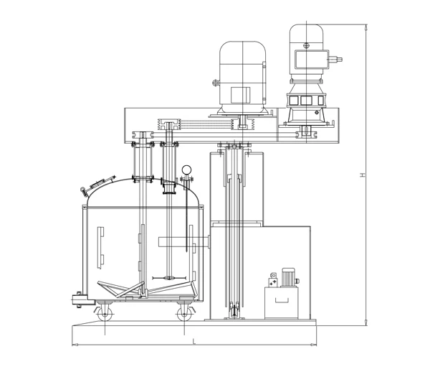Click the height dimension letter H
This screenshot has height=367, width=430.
click(x=363, y=175)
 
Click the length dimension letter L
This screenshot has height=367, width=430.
click(x=194, y=341)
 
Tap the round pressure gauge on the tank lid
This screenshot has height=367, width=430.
click(x=187, y=170)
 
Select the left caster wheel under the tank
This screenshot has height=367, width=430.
click(x=105, y=312)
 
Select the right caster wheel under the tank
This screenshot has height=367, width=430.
click(x=183, y=312)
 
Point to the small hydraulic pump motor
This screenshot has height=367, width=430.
click(x=288, y=277)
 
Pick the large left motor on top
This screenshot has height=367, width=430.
click(x=242, y=75)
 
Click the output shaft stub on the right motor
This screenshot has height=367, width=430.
click(x=340, y=59)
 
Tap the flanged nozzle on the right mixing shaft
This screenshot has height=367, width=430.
click(x=169, y=189)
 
